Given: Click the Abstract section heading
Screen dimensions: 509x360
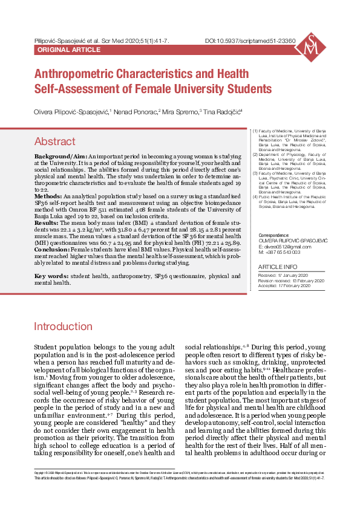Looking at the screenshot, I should [x=54, y=141].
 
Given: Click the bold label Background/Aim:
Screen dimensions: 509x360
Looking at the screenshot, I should [x=60, y=157].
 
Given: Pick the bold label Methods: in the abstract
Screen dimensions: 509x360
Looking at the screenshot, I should [x=48, y=197].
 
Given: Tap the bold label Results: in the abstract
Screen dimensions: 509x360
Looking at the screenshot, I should [x=47, y=224].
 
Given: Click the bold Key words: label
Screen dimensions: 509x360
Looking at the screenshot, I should [x=51, y=276].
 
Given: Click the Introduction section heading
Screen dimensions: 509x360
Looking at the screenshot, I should [x=62, y=327].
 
